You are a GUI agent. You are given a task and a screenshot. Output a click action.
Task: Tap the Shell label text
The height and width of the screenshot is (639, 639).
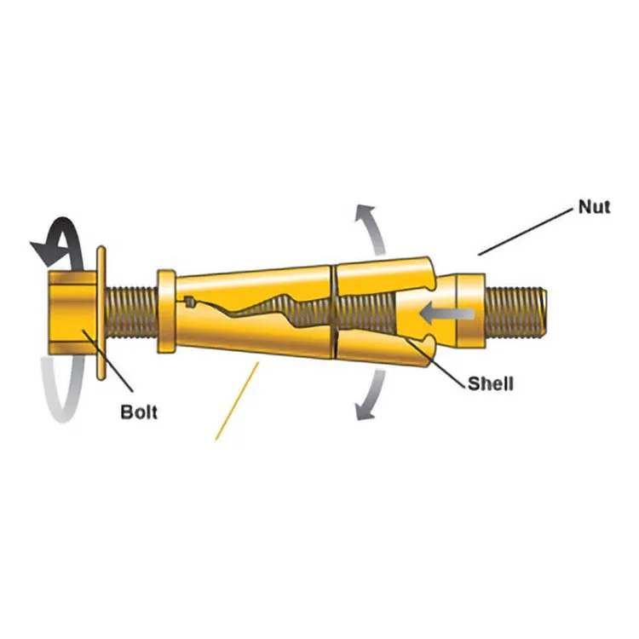coord(491,383)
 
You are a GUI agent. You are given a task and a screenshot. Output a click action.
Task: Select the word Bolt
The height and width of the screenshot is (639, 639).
coord(139,412)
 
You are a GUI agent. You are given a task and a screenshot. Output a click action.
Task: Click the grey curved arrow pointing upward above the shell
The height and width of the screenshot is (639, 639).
coord(369,228)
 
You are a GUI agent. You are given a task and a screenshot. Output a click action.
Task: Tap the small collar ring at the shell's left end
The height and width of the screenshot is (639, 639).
coord(165,312)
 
